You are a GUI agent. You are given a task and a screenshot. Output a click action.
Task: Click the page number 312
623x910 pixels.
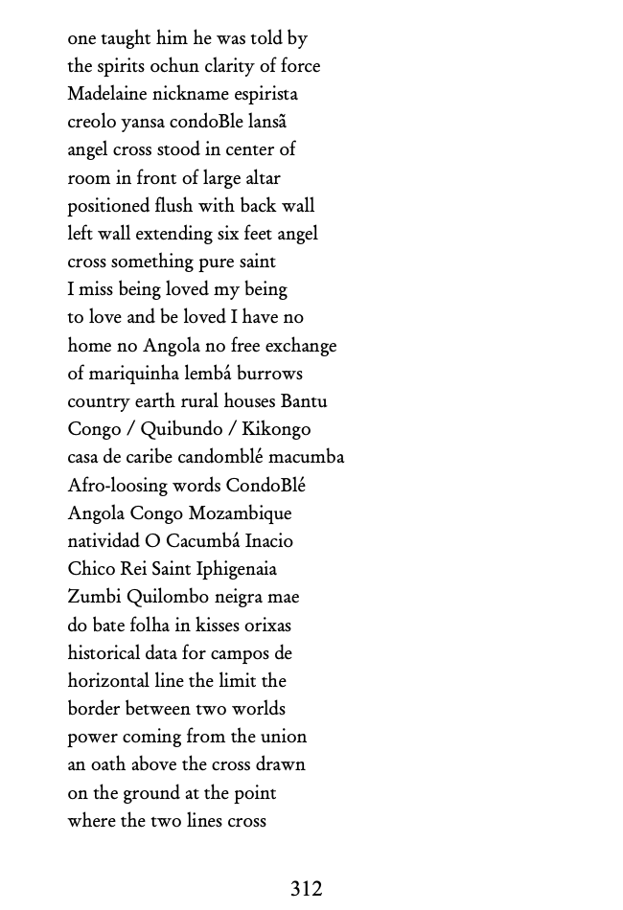point(306,889)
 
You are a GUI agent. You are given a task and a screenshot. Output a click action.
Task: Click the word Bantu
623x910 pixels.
point(303,401)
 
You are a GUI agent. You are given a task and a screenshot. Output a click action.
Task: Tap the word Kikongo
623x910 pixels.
point(276,429)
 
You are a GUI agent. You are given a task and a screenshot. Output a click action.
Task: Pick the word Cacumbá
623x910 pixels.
point(201,541)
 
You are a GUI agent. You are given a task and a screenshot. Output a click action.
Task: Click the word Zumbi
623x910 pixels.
point(94,597)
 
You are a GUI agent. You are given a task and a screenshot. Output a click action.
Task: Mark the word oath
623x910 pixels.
point(108,764)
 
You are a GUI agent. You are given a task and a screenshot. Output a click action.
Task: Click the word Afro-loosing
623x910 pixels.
point(119,486)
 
